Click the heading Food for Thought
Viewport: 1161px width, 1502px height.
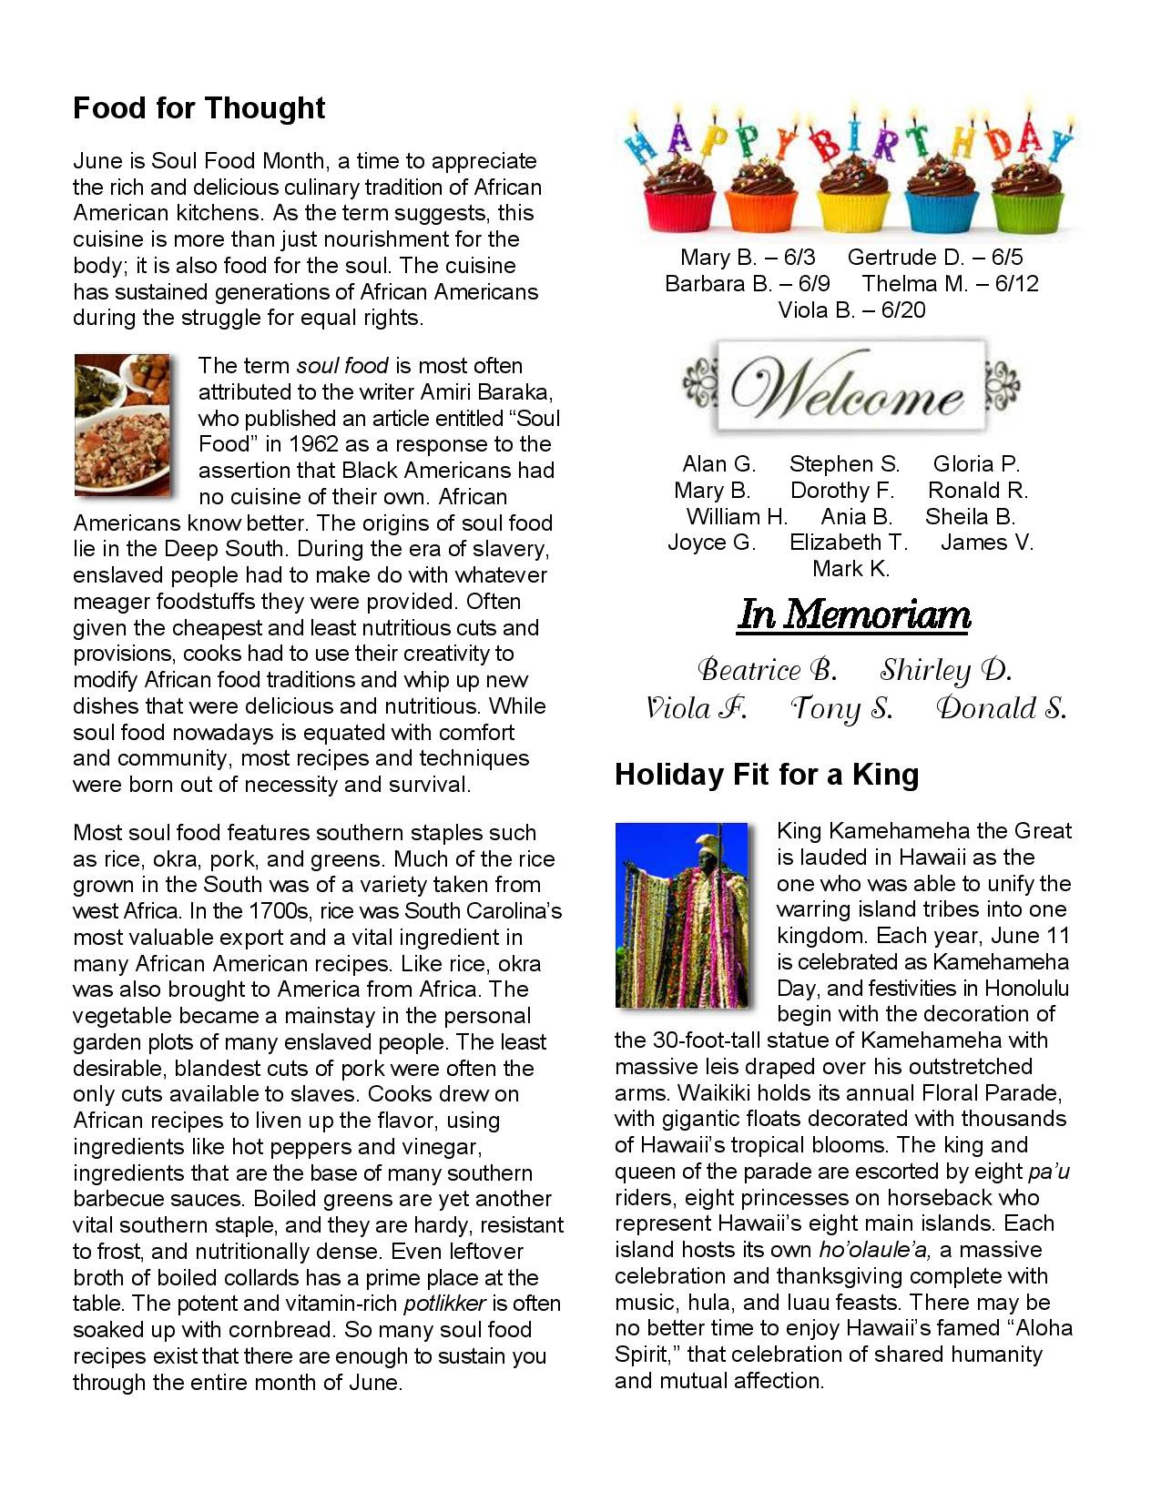(x=199, y=108)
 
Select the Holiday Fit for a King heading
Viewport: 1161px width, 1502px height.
(x=767, y=775)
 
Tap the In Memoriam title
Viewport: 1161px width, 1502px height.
(x=853, y=615)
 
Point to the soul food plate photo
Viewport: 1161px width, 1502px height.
(x=122, y=424)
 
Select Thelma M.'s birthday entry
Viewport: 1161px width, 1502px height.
(x=950, y=283)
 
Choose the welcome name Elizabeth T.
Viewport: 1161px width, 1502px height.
(x=849, y=543)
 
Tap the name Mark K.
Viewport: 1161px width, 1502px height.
(x=850, y=569)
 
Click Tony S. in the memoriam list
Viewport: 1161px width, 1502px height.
(x=840, y=708)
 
